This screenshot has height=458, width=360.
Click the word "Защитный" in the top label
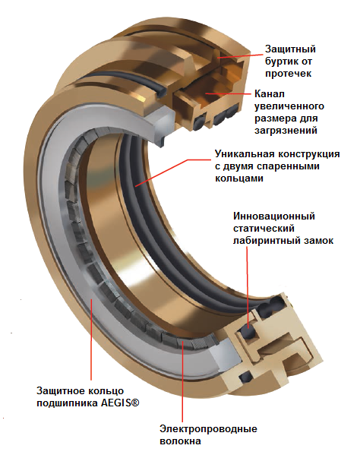[290, 49]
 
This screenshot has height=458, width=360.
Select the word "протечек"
[288, 74]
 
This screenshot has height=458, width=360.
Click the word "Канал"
[270, 94]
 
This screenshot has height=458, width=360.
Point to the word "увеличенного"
[289, 106]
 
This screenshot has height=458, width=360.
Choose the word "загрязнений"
[286, 131]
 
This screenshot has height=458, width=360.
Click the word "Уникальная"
[244, 154]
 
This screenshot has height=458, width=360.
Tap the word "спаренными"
[288, 166]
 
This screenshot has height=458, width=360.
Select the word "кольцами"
[239, 178]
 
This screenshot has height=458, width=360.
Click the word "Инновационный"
[274, 216]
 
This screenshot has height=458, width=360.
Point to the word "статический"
[264, 228]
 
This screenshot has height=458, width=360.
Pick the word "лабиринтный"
[267, 240]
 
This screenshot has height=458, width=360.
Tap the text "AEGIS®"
[120, 403]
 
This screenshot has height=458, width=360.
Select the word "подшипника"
[67, 403]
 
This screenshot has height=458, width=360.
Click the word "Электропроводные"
[208, 429]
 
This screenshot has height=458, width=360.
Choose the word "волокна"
[180, 441]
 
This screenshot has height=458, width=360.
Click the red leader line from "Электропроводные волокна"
[182, 381]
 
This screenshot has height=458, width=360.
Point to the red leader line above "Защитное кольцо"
[91, 340]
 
